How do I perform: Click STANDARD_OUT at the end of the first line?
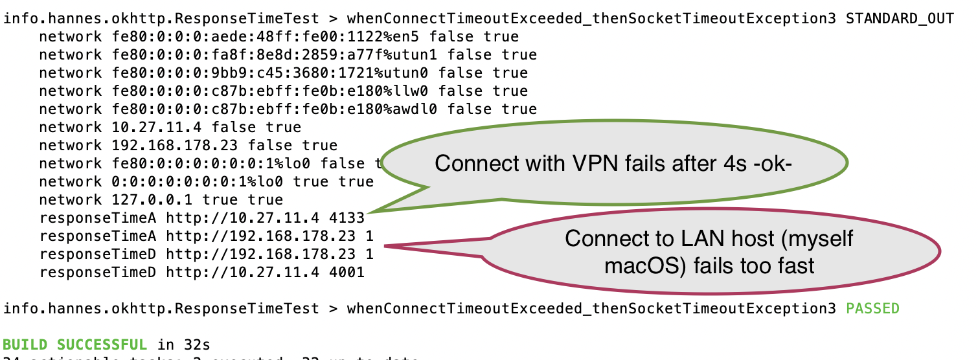click(x=900, y=19)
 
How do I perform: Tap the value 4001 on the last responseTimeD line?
click(x=348, y=273)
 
